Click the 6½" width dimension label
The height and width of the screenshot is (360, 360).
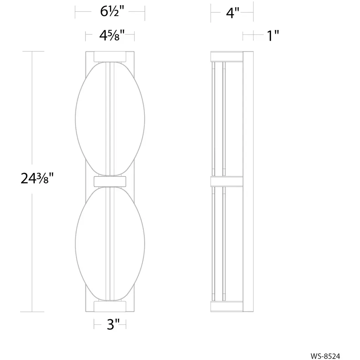point(112,11)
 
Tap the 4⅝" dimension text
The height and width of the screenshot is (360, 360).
point(112,36)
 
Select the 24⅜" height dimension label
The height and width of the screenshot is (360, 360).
point(37,178)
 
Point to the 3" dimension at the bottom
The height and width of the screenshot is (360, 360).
point(113,324)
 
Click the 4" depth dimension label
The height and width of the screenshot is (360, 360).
point(233,13)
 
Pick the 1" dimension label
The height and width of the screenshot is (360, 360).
point(273,36)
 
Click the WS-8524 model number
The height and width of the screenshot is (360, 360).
point(325,356)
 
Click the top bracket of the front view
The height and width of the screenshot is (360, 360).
point(110,57)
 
